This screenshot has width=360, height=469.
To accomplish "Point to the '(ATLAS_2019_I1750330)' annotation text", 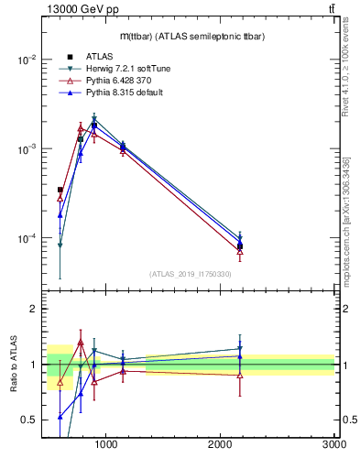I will pos(190,274).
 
